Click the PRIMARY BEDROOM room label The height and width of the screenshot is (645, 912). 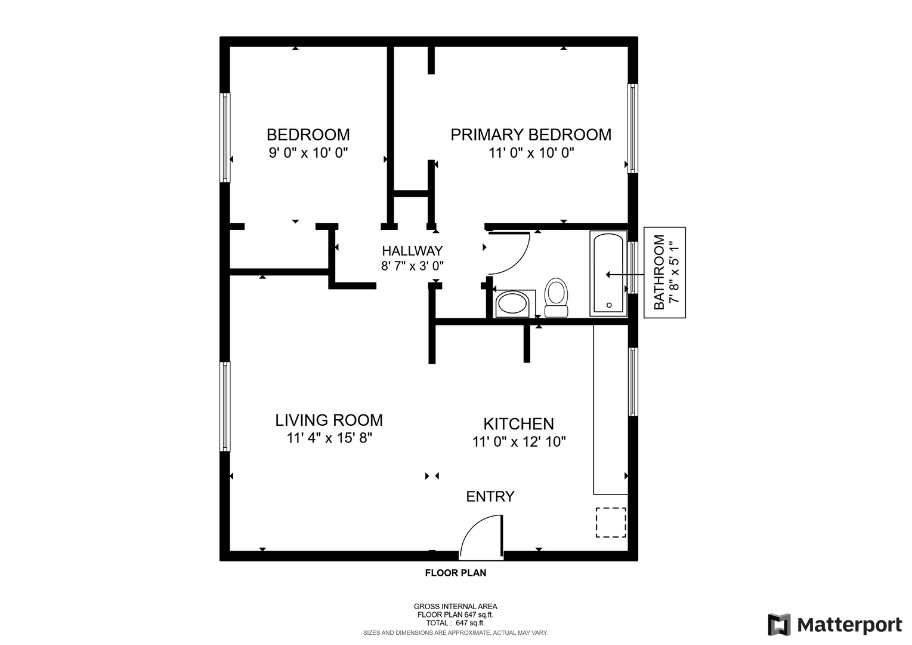click(530, 134)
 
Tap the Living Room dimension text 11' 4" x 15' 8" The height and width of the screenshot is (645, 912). click(329, 438)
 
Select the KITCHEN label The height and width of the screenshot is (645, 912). click(519, 424)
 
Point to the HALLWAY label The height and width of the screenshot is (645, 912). click(412, 250)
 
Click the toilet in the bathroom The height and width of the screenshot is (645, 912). click(556, 297)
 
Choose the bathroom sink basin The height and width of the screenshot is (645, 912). click(512, 303)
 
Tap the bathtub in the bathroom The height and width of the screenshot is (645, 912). click(608, 273)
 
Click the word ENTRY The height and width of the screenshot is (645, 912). click(490, 497)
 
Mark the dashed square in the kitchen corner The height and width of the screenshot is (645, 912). click(611, 523)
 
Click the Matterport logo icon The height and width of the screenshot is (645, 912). click(779, 624)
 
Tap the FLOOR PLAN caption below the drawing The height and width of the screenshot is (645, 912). click(456, 573)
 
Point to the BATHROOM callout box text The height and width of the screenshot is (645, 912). click(664, 272)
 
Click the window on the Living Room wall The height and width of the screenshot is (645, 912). click(225, 407)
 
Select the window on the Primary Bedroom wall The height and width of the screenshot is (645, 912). click(632, 128)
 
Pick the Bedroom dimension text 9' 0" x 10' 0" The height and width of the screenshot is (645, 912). click(308, 153)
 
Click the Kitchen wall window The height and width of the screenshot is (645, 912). click(633, 382)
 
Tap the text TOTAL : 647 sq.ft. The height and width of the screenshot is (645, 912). click(456, 623)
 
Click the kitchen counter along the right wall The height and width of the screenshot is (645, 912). click(610, 410)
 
